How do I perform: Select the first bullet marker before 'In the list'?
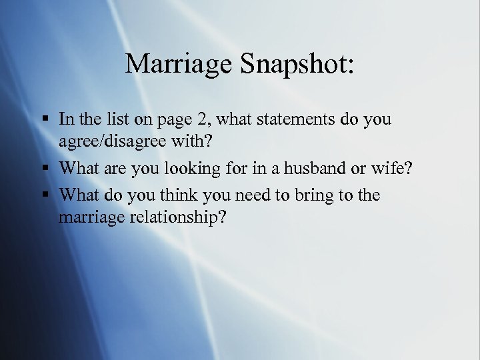tap(47, 120)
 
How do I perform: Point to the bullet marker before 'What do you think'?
tap(47, 195)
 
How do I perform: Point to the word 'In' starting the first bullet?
tap(66, 119)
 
